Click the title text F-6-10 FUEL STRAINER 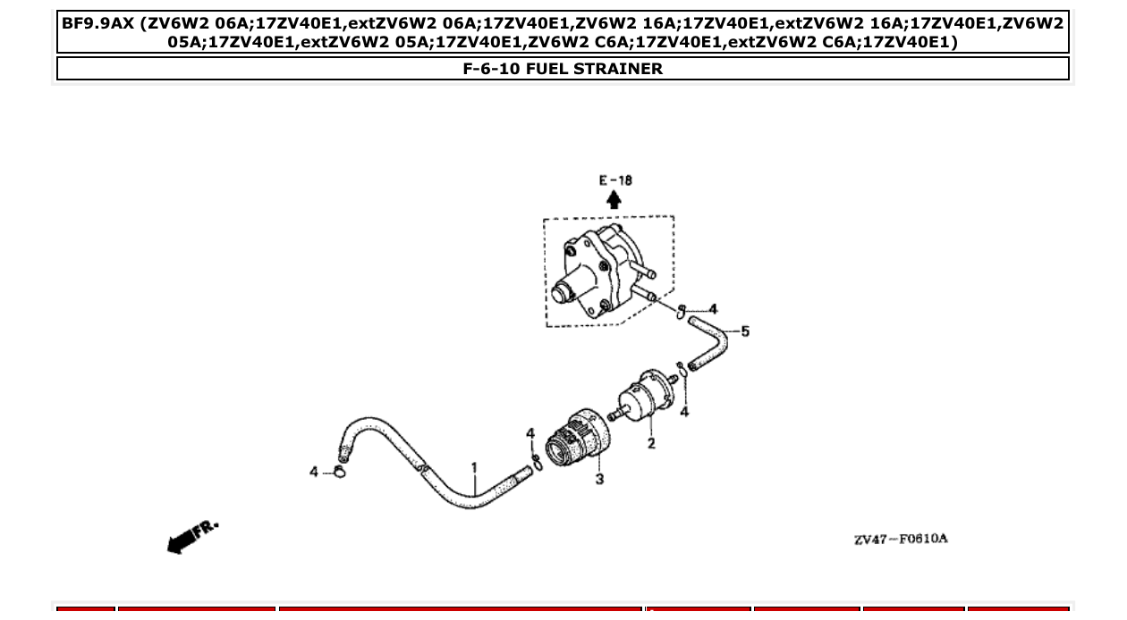pyautogui.click(x=563, y=69)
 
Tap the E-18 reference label pyautogui.click(x=614, y=180)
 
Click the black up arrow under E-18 pyautogui.click(x=614, y=200)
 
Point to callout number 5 pyautogui.click(x=744, y=331)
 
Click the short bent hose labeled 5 pyautogui.click(x=711, y=344)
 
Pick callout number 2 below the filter pyautogui.click(x=650, y=443)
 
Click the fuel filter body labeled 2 pyautogui.click(x=645, y=401)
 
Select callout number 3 pyautogui.click(x=599, y=479)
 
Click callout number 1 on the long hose pyautogui.click(x=474, y=467)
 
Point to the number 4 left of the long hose pyautogui.click(x=314, y=471)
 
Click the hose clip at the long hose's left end pyautogui.click(x=340, y=471)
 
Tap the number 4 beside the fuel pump pyautogui.click(x=713, y=310)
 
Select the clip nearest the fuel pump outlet pyautogui.click(x=682, y=311)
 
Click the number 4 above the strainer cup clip pyautogui.click(x=530, y=434)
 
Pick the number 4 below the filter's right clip pyautogui.click(x=684, y=412)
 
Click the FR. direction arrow pyautogui.click(x=190, y=537)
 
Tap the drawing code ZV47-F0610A pyautogui.click(x=900, y=539)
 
